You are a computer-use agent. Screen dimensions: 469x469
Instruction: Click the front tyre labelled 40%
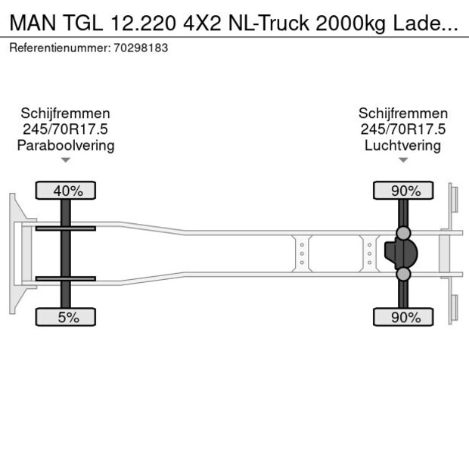[66, 191]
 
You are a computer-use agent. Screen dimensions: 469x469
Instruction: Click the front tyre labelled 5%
[66, 317]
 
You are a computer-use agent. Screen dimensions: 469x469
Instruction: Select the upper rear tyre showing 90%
[404, 191]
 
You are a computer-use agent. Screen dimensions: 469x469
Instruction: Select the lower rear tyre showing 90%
[404, 317]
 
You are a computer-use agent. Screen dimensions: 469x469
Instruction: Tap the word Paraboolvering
[66, 145]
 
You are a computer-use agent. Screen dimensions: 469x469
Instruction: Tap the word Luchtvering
[402, 145]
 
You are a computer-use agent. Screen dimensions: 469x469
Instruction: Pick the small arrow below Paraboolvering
[66, 160]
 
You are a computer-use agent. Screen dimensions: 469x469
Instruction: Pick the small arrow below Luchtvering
[403, 160]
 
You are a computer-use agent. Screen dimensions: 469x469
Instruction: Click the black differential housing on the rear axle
[401, 253]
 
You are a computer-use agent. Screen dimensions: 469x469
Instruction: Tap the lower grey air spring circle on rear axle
[404, 274]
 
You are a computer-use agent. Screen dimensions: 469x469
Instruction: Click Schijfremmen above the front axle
[66, 113]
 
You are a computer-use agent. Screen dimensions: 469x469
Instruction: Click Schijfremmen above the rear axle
[402, 113]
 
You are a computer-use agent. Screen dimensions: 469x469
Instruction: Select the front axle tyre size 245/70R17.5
[66, 129]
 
